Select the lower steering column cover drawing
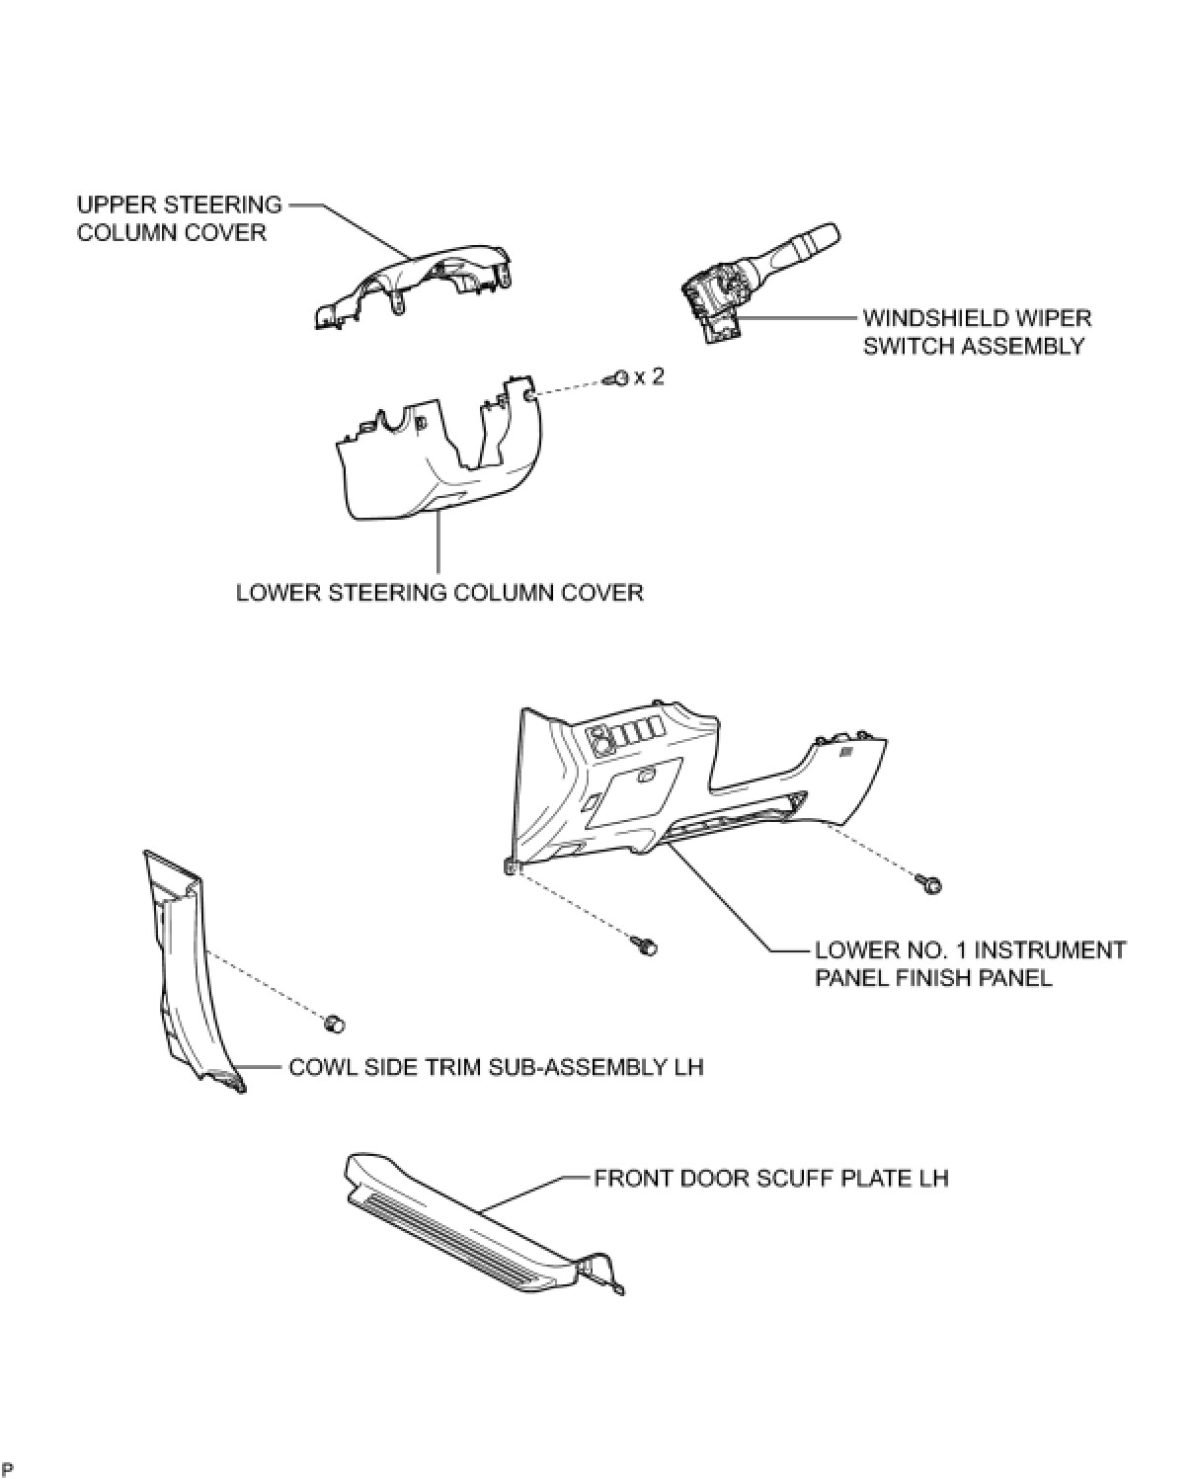click(435, 454)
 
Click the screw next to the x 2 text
click(617, 377)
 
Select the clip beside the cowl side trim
click(335, 1022)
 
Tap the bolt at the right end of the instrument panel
click(931, 883)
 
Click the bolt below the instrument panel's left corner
click(648, 947)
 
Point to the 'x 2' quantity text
click(648, 376)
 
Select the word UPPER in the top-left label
click(111, 206)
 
